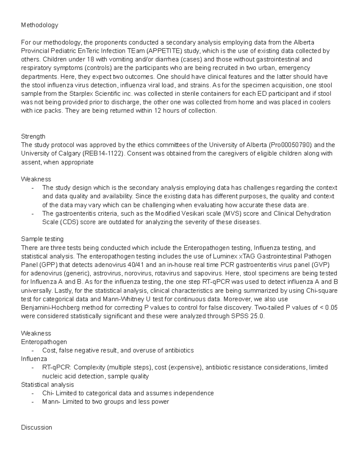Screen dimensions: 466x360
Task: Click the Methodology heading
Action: click(40, 25)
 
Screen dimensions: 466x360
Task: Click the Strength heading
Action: click(33, 137)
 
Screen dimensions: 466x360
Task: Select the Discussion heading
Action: click(36, 427)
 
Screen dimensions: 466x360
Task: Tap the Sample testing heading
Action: click(42, 239)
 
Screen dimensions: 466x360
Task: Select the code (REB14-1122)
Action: click(104, 154)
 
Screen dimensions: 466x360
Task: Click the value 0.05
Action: click(331, 308)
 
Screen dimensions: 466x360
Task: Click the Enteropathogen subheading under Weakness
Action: click(44, 342)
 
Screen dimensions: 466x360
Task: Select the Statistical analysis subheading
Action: click(47, 385)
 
